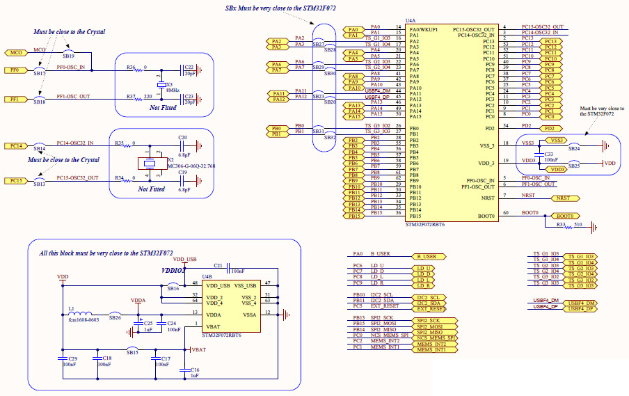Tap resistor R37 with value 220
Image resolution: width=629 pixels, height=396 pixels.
(x=131, y=97)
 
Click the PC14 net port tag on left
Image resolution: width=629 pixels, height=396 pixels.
(x=15, y=146)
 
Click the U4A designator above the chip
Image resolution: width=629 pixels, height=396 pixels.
(x=410, y=23)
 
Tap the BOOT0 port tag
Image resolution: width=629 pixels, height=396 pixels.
(x=565, y=216)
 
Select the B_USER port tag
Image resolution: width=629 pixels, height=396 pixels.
(x=430, y=256)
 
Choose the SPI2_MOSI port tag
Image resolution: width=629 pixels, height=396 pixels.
(x=431, y=324)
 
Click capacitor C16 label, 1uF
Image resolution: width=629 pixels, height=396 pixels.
(x=195, y=370)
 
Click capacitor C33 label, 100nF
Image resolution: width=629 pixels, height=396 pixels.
(x=548, y=153)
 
